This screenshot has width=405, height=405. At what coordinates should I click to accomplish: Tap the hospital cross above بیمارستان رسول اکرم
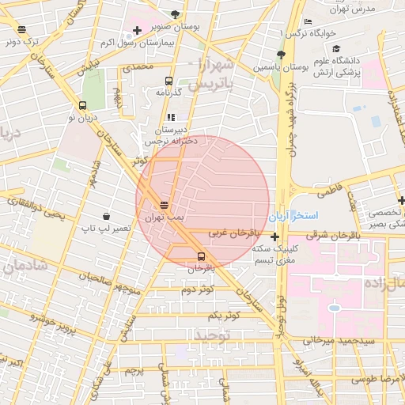[x=138, y=31]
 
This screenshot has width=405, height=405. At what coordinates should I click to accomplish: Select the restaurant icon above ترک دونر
[x=21, y=30]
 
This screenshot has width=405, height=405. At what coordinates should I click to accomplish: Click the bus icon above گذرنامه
[x=168, y=81]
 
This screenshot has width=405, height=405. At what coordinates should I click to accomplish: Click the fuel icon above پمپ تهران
[x=164, y=203]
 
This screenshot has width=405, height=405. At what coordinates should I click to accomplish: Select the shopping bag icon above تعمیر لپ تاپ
[x=106, y=216]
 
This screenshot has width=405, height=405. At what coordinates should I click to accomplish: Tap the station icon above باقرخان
[x=200, y=256]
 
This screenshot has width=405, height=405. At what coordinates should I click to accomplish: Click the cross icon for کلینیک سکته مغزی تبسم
[x=274, y=237]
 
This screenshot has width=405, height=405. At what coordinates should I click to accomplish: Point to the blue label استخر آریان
[x=292, y=215]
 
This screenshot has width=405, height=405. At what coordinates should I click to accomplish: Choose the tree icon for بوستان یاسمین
[x=281, y=55]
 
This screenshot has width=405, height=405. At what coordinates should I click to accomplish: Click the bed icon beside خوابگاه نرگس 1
[x=308, y=21]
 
